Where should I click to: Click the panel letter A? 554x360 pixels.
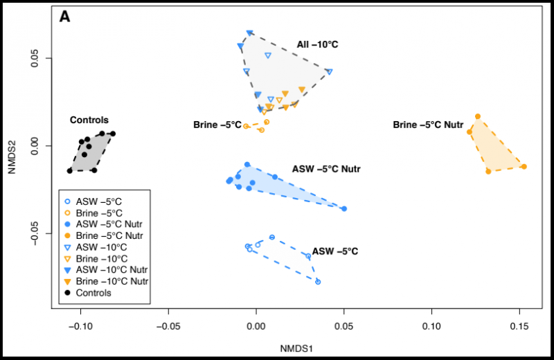(64, 16)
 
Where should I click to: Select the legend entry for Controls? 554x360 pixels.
(94, 293)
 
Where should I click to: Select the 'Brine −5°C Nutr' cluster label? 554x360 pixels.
(425, 125)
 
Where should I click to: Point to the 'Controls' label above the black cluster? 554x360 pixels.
(89, 120)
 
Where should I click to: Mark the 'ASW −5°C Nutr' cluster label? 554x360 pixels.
(326, 169)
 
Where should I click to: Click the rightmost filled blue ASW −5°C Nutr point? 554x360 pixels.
(344, 208)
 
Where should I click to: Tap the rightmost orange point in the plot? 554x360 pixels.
(524, 166)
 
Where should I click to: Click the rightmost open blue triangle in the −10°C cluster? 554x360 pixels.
(330, 71)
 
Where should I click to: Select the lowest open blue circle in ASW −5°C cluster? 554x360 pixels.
(318, 282)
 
